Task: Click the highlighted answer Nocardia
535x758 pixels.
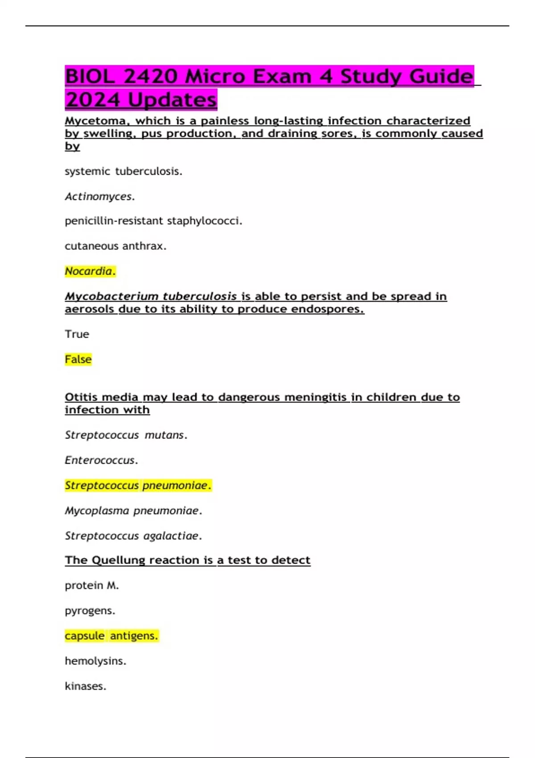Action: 90,271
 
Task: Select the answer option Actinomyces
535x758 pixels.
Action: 99,196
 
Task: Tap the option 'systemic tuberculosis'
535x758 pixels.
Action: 123,171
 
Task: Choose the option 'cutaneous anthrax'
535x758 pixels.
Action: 115,246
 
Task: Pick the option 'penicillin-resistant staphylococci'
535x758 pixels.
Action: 153,221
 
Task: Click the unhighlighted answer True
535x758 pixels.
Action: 77,334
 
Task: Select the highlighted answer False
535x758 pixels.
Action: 78,359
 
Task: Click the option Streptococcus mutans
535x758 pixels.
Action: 126,435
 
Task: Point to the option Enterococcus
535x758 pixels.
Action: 101,460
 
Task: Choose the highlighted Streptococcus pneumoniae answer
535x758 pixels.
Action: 137,485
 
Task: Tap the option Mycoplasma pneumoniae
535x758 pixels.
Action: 133,511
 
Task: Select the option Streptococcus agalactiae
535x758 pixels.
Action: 133,536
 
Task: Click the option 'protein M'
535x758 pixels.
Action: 91,585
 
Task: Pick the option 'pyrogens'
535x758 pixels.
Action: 90,610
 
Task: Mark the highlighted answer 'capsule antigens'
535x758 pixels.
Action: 111,635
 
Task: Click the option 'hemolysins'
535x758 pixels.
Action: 95,661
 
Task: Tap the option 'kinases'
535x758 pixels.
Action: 85,686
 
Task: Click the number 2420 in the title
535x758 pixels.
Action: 151,76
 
